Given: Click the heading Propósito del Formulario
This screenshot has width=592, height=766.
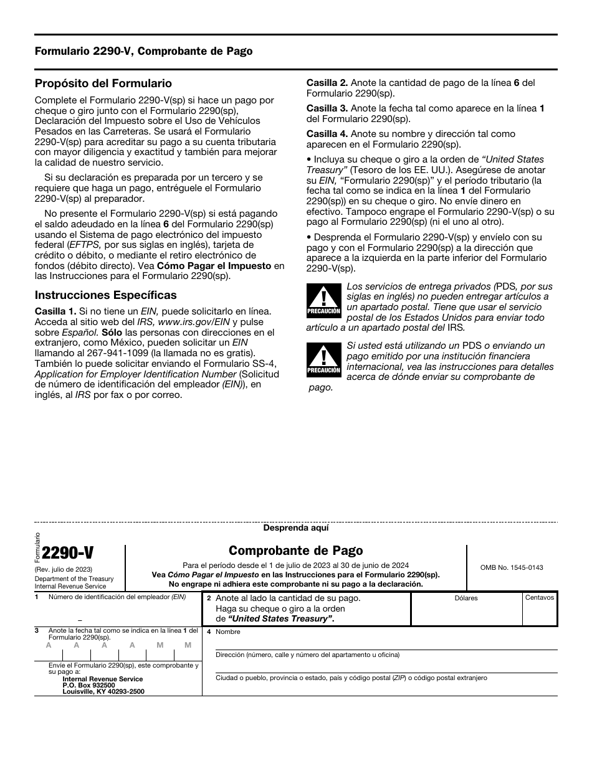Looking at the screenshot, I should [x=103, y=83].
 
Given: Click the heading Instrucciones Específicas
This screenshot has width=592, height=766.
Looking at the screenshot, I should [x=105, y=295].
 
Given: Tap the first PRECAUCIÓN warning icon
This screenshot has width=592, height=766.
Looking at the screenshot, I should [x=323, y=300].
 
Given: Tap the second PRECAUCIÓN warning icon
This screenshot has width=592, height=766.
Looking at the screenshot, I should [x=323, y=360].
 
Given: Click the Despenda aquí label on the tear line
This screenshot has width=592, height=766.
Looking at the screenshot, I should [x=295, y=527].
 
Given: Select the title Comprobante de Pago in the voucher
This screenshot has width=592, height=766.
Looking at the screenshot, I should [x=295, y=551].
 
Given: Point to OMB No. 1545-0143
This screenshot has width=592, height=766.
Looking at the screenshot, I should [x=511, y=567].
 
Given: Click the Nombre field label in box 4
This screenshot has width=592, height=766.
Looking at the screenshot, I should [x=227, y=631].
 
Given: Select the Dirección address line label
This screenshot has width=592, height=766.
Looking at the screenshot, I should [x=307, y=655].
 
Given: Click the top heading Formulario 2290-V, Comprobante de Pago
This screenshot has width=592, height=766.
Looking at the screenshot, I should [x=143, y=51].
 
